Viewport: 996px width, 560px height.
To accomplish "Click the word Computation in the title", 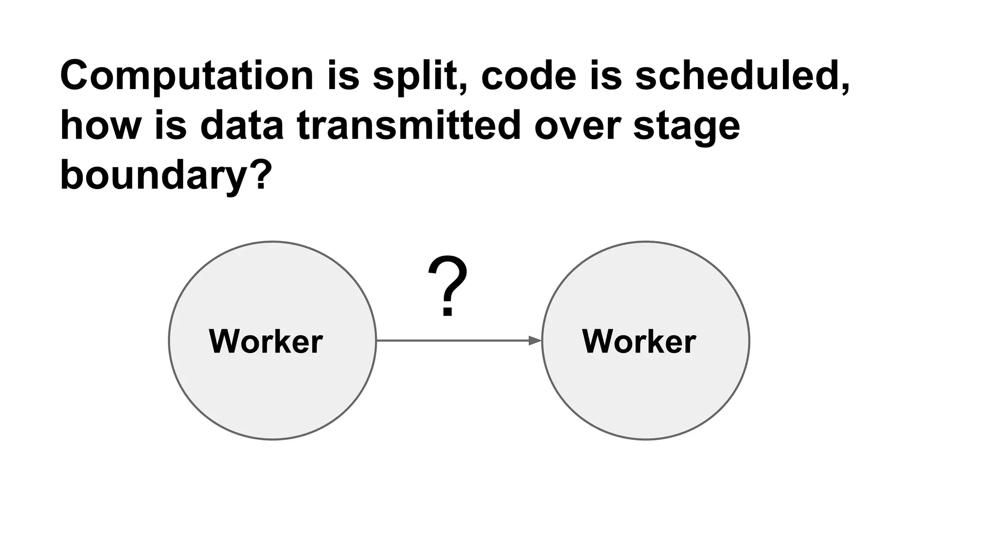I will click(x=187, y=76).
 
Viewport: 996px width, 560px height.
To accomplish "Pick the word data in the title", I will click(x=242, y=126).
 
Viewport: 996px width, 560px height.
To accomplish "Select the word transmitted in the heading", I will click(x=409, y=126).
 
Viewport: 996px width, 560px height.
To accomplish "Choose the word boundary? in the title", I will click(x=165, y=175).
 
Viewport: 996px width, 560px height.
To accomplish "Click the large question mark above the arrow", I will click(x=447, y=287).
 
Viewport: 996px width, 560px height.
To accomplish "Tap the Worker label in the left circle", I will click(x=266, y=341).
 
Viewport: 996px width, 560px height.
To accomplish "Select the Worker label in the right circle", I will click(x=639, y=341).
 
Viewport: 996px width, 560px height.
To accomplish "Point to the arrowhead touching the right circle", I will click(x=535, y=341).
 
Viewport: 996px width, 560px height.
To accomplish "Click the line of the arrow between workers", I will click(x=452, y=341).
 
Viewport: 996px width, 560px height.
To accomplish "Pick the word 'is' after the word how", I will click(x=171, y=126).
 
